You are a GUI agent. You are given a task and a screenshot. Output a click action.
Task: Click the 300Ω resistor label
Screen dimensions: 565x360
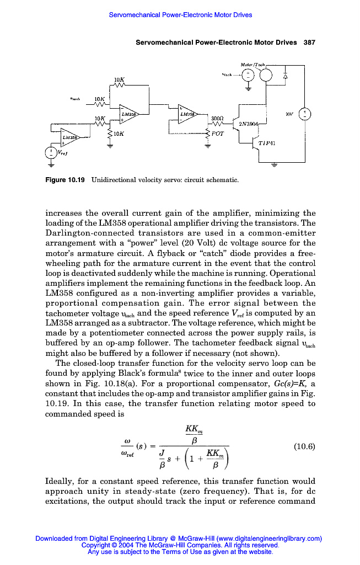(217, 118)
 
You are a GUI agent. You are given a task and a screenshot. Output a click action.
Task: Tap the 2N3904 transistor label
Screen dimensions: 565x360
(246, 125)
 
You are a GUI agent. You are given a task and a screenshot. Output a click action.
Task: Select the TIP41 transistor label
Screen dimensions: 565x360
(267, 143)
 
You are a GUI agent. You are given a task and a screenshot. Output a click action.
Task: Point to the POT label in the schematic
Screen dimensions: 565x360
(218, 133)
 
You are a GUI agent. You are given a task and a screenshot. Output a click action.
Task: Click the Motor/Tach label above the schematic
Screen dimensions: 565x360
(253, 64)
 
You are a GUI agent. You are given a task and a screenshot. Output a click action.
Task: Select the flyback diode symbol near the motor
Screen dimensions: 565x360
(286, 76)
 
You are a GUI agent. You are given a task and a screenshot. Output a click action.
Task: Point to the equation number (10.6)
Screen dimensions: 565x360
(304, 447)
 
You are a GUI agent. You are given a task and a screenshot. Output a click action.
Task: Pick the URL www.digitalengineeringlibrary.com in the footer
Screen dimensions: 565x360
(268, 539)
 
